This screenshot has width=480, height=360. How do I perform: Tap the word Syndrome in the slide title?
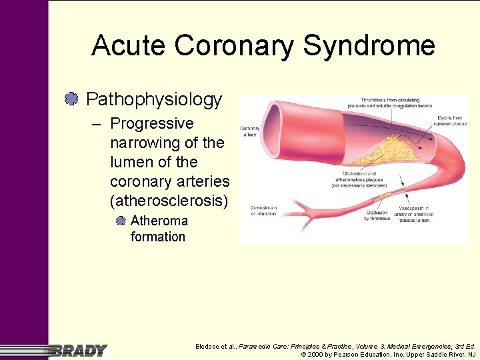(x=369, y=45)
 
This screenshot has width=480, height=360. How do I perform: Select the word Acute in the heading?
(x=129, y=45)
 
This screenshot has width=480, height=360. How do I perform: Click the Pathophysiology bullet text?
(x=154, y=100)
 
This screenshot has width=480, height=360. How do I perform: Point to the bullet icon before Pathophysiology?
(x=71, y=99)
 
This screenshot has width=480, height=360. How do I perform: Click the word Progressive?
(x=151, y=123)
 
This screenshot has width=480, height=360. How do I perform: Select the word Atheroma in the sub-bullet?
(x=159, y=221)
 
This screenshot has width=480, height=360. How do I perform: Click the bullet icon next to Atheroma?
(x=121, y=221)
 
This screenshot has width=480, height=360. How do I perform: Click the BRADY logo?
(x=79, y=350)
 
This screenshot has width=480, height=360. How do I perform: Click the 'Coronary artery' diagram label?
(x=250, y=131)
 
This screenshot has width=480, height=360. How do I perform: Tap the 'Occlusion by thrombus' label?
(x=376, y=215)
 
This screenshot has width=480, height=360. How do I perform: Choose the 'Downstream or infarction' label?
(x=263, y=211)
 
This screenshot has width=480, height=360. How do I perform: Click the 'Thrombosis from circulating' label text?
(x=377, y=101)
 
